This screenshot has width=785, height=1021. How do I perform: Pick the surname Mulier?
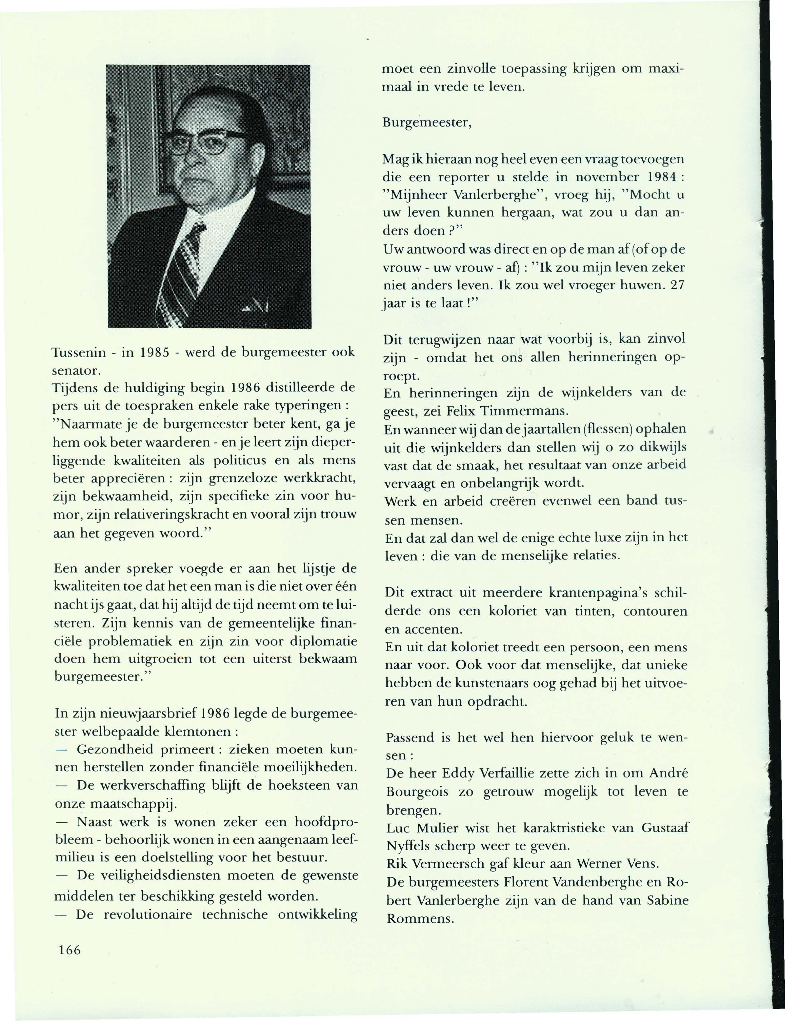[442, 828]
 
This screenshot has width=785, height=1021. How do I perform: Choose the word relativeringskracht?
[185, 514]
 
